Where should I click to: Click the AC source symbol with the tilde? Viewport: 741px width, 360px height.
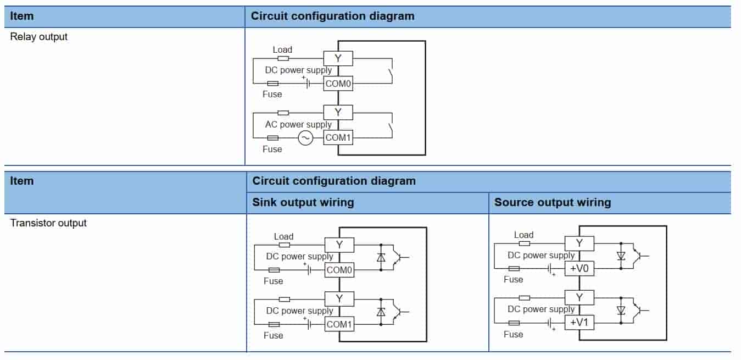(x=305, y=138)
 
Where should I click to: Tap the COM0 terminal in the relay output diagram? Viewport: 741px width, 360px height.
(x=338, y=84)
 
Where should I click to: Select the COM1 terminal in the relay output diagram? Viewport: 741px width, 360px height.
(x=338, y=137)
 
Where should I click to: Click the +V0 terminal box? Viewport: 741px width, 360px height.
(x=580, y=268)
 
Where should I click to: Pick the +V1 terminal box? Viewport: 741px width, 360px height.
(x=580, y=322)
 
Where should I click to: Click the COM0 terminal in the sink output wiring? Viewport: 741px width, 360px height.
(x=339, y=270)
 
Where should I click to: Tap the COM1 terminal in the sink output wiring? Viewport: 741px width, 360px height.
(x=339, y=324)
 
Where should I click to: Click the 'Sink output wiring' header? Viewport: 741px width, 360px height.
(x=303, y=202)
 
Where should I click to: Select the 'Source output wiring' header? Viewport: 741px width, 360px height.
(x=553, y=202)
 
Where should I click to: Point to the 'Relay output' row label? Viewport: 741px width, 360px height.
(x=38, y=37)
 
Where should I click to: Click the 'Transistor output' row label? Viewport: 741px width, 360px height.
(x=48, y=223)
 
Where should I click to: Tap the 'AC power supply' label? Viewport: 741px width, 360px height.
(x=298, y=124)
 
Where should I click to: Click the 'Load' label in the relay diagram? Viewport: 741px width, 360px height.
(x=282, y=49)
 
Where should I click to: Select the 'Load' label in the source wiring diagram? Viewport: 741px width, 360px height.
(x=523, y=235)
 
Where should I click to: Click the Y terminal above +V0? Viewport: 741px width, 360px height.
(x=580, y=243)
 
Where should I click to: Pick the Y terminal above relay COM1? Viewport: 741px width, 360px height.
(x=338, y=113)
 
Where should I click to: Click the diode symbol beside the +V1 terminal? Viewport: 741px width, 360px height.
(x=621, y=311)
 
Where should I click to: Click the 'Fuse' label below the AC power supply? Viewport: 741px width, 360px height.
(x=272, y=149)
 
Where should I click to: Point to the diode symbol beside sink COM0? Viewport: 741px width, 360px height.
(x=381, y=257)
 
